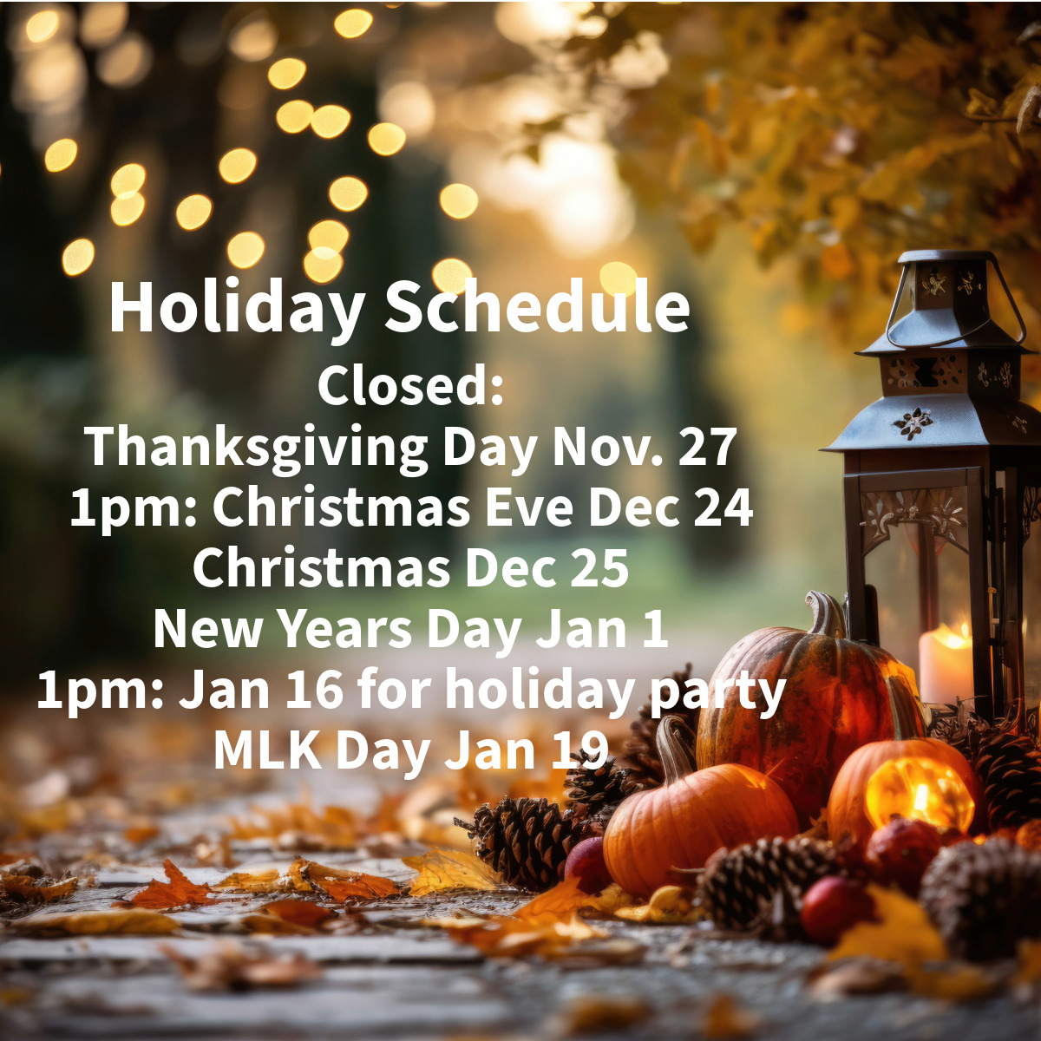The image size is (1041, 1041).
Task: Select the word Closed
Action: (410, 386)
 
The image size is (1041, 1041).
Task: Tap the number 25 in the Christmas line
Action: (599, 568)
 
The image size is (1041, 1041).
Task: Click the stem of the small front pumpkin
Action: (674, 749)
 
